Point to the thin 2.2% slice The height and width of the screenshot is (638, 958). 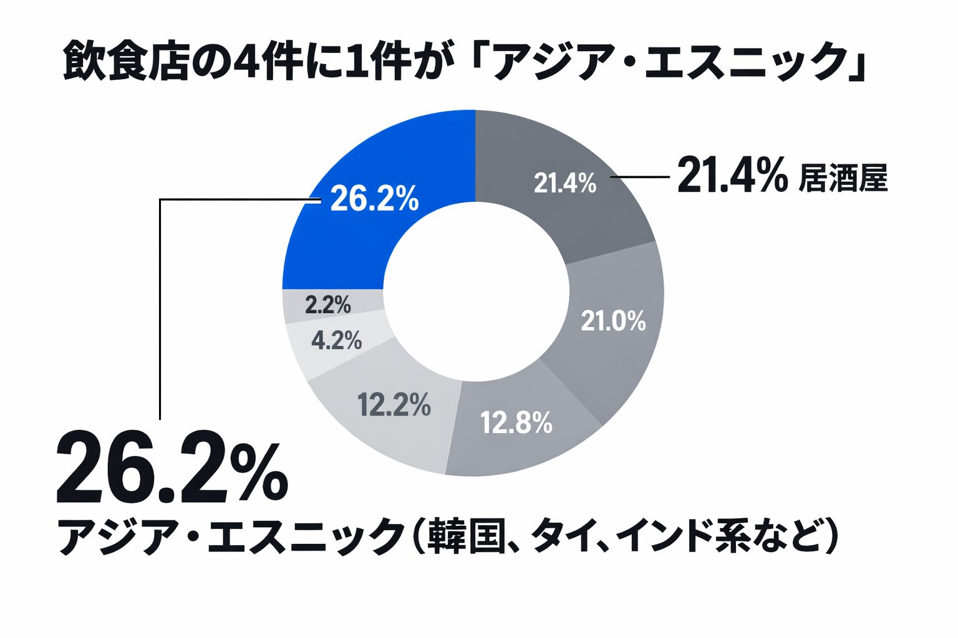coord(327,305)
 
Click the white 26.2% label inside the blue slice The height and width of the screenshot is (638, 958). coord(374,199)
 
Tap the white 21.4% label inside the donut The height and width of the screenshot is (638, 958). coord(565,183)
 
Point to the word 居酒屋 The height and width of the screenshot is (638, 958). coord(843,179)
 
